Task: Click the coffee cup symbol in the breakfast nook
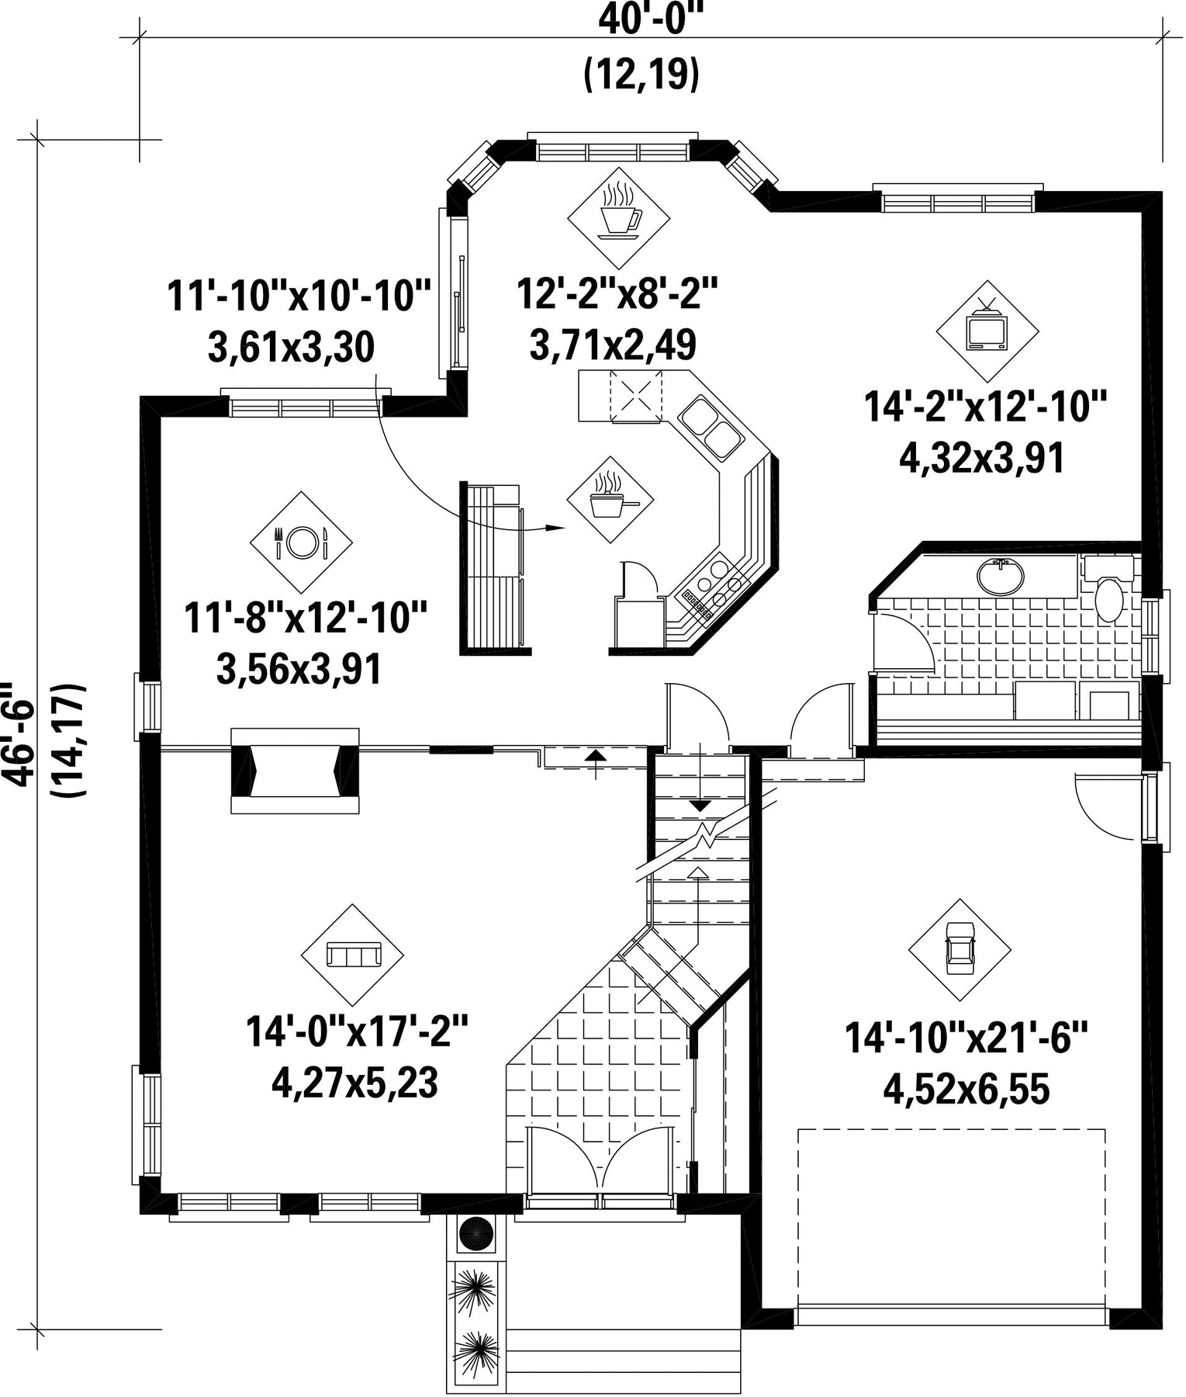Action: (x=619, y=209)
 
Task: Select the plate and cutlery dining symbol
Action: (x=301, y=541)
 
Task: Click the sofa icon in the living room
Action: (x=352, y=954)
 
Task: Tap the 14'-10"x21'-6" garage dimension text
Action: (x=966, y=1038)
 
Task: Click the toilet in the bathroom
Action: (x=1110, y=591)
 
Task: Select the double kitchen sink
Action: (x=711, y=426)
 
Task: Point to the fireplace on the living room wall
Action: (x=295, y=770)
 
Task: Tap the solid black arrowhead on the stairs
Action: (x=700, y=806)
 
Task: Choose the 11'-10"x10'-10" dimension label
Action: (x=299, y=296)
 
